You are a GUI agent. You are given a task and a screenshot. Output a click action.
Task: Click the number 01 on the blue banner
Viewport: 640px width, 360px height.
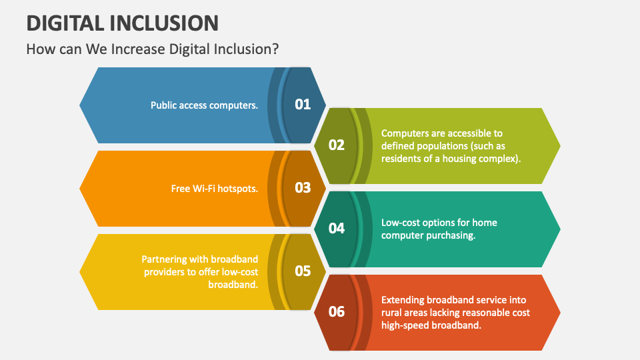(303, 104)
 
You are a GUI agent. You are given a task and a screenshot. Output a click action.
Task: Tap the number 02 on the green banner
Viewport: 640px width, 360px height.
(337, 145)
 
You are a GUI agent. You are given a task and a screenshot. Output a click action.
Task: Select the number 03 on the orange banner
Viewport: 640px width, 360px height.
(303, 187)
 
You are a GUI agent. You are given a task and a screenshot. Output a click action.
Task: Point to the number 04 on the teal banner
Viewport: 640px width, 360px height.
(337, 228)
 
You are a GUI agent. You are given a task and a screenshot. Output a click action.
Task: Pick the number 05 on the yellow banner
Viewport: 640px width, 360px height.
(303, 271)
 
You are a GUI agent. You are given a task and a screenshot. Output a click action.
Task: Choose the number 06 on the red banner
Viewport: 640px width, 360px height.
(337, 311)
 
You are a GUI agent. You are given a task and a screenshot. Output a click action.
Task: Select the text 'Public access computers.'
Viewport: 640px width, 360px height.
(204, 105)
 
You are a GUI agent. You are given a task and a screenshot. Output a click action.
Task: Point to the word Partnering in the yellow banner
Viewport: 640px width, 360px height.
(165, 259)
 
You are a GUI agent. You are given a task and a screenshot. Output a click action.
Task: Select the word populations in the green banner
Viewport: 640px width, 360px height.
(443, 146)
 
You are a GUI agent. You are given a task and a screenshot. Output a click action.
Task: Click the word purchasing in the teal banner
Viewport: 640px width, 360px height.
(451, 235)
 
